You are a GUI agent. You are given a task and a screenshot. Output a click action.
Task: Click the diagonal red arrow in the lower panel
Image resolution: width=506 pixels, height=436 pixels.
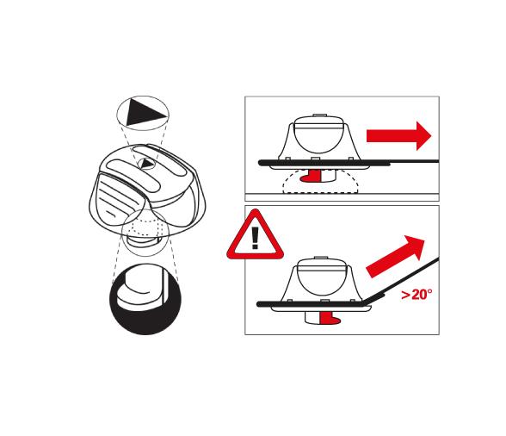[397, 257]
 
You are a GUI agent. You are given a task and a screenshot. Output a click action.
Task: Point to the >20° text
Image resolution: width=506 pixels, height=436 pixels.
[416, 295]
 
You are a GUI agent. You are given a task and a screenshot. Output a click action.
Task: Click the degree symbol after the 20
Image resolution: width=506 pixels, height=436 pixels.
[429, 291]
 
